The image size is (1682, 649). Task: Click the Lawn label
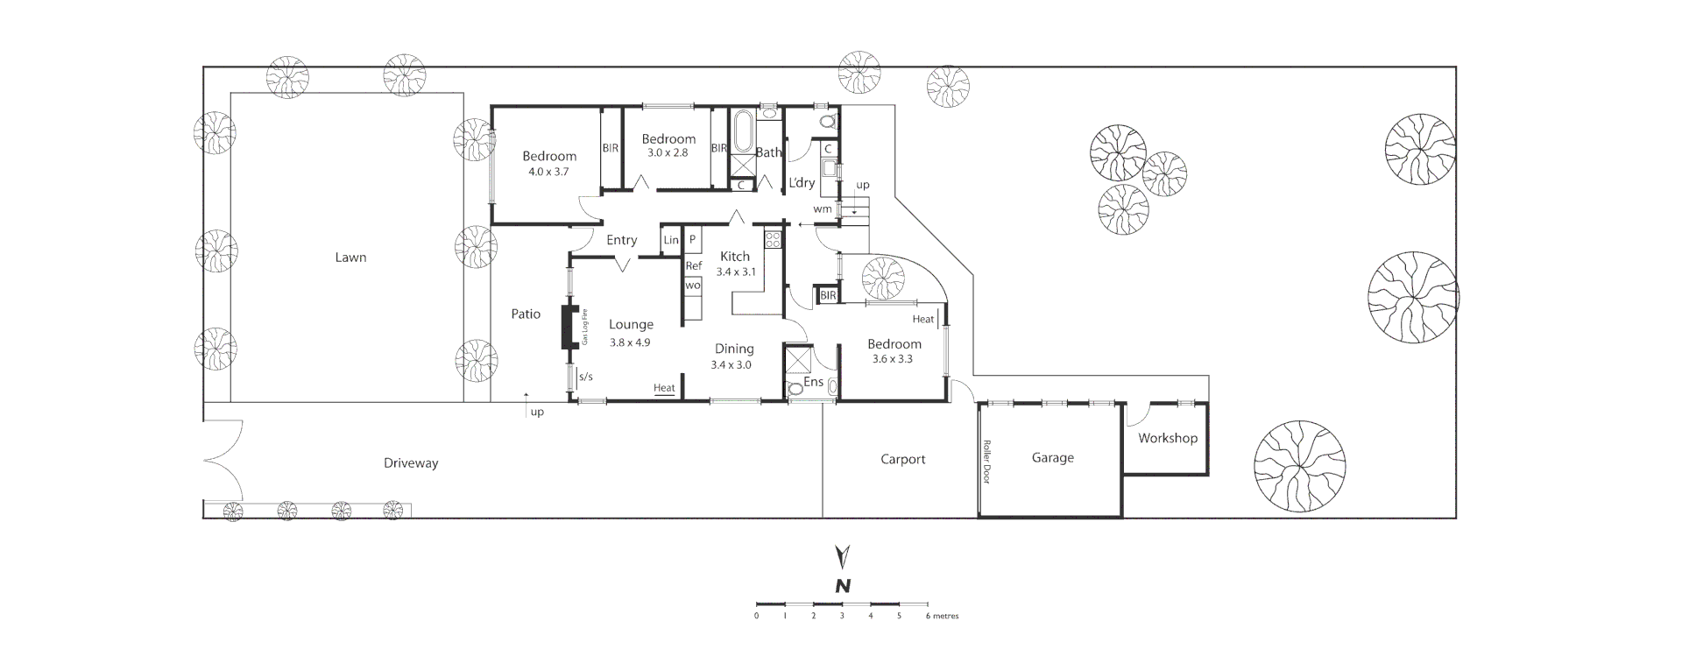pyautogui.click(x=350, y=257)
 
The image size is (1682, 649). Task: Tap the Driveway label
pyautogui.click(x=410, y=463)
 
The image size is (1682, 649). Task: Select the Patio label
pyautogui.click(x=526, y=314)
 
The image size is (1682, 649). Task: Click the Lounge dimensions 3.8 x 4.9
pyautogui.click(x=630, y=342)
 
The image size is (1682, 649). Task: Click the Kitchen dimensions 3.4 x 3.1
pyautogui.click(x=735, y=272)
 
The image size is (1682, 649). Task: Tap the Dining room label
pyautogui.click(x=734, y=349)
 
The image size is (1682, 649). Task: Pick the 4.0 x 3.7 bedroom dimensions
pyautogui.click(x=548, y=173)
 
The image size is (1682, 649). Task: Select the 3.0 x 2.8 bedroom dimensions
pyautogui.click(x=668, y=152)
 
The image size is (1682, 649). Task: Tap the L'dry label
pyautogui.click(x=802, y=183)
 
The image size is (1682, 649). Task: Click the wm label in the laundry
pyautogui.click(x=822, y=209)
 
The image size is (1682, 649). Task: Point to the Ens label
pyautogui.click(x=813, y=382)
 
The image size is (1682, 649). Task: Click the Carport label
pyautogui.click(x=902, y=459)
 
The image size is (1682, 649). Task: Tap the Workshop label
pyautogui.click(x=1167, y=438)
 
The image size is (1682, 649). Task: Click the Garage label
pyautogui.click(x=1052, y=457)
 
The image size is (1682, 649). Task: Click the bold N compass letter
pyautogui.click(x=843, y=586)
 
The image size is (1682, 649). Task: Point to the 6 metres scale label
pyautogui.click(x=943, y=616)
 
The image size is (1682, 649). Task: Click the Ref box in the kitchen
pyautogui.click(x=693, y=266)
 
